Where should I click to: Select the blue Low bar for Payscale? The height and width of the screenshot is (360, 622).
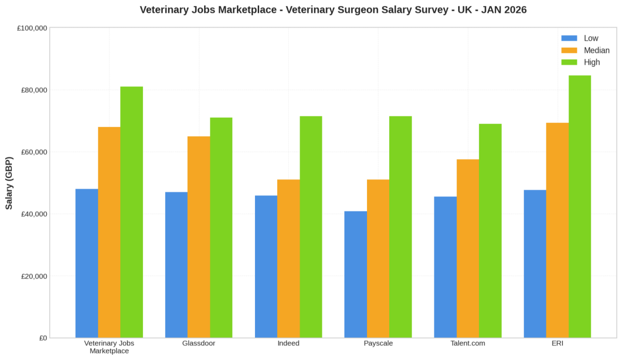[356, 274]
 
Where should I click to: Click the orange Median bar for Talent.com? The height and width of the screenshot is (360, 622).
[468, 248]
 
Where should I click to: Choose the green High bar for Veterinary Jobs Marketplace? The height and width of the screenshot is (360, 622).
[132, 212]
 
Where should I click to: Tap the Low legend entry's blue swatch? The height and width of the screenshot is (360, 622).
[569, 38]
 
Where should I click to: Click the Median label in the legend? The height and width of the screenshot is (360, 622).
[597, 50]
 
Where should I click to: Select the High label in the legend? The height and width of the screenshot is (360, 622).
[592, 62]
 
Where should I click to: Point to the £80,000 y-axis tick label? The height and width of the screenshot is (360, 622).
[32, 90]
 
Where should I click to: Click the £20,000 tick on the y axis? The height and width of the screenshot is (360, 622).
[32, 276]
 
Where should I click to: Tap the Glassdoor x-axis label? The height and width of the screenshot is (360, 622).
[199, 343]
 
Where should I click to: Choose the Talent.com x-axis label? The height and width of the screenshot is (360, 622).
[468, 343]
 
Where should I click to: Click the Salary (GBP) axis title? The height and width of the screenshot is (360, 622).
[9, 183]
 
